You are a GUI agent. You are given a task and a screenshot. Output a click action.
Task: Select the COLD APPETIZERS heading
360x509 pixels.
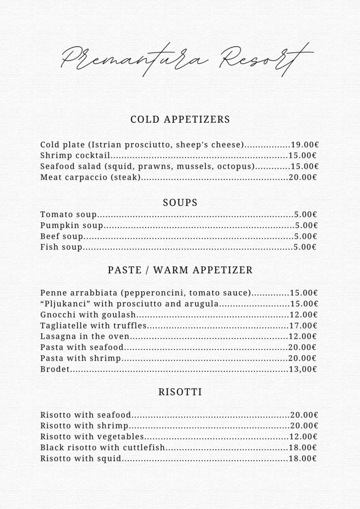[x=180, y=119]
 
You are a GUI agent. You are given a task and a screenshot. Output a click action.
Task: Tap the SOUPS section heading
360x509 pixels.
[x=180, y=203]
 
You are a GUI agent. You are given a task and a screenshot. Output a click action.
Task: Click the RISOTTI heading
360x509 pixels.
[x=180, y=392]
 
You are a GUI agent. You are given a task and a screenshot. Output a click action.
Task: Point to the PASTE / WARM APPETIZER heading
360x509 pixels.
[x=180, y=270]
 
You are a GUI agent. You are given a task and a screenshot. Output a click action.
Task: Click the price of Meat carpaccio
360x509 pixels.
[x=303, y=177]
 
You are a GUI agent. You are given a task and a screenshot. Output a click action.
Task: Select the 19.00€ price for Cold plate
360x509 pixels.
[x=304, y=145]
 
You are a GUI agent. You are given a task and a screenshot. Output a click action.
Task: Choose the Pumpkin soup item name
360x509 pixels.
[x=72, y=226]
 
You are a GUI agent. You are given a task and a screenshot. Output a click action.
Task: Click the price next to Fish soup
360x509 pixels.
[x=305, y=247]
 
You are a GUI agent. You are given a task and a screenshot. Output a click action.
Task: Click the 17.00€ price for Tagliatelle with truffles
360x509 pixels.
[x=303, y=326]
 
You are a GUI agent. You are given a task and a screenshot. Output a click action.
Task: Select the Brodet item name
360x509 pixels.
[x=55, y=369]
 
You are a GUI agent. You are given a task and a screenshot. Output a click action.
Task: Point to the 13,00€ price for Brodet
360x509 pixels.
[x=303, y=369]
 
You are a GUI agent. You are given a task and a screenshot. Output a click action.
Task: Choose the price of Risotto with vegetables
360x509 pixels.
[x=303, y=437]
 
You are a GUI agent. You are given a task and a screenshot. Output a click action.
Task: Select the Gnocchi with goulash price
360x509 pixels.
[x=303, y=315]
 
